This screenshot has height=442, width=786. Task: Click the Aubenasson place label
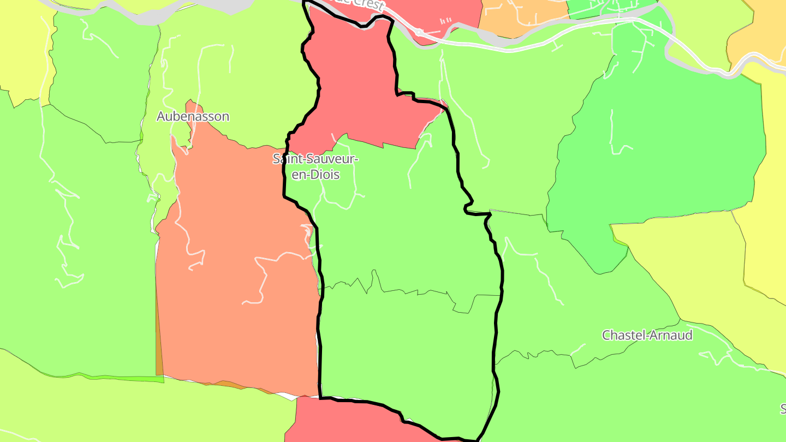point(193,116)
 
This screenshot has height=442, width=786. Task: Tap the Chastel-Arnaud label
point(647,335)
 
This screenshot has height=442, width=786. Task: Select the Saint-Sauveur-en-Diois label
point(315,166)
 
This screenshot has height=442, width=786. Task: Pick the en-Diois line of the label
point(315,175)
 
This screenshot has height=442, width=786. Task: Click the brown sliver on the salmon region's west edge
point(159,349)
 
